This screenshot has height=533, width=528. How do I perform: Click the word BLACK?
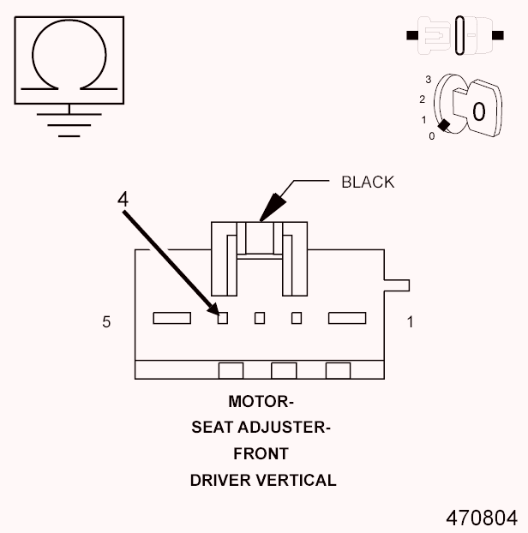coord(367,182)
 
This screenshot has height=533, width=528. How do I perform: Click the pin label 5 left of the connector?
coord(106,322)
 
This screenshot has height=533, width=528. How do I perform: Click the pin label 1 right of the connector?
coord(410,322)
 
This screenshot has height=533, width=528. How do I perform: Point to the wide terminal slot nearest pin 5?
coord(171,319)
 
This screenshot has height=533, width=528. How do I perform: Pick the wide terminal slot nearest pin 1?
coord(347,319)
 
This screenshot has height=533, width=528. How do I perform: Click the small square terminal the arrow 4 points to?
coord(223,319)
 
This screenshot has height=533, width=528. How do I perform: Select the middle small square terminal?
coord(260,319)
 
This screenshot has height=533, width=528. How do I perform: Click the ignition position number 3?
coord(427,79)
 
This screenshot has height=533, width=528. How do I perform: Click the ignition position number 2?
coord(422,99)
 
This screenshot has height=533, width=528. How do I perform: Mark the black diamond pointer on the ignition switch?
coord(442,124)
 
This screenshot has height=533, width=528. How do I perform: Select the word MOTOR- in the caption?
coord(261,401)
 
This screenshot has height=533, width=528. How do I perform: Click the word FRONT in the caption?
coord(261,453)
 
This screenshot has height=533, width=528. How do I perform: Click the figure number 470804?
coord(481,518)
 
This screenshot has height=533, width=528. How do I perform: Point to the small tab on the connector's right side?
coord(398,285)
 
